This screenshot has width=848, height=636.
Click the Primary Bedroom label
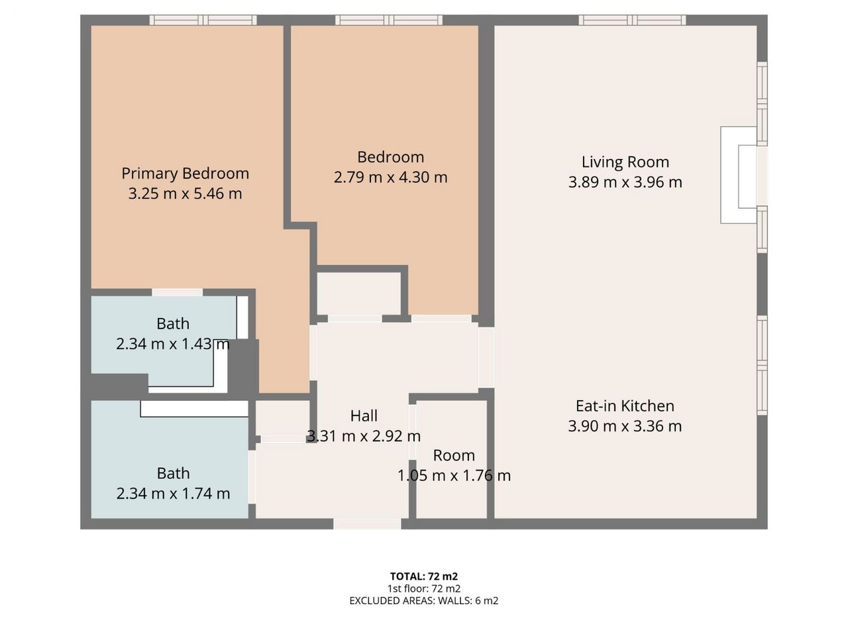[x=185, y=174]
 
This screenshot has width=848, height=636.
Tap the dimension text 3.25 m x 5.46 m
[x=185, y=193]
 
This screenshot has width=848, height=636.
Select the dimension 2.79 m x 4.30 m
[x=391, y=178]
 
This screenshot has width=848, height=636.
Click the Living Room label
[x=625, y=162]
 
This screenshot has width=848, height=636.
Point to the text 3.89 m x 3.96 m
[x=625, y=182]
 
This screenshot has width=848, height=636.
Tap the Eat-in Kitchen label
[x=625, y=406]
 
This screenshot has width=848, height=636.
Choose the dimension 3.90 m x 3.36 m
[x=625, y=426]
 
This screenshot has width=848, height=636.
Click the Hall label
[x=364, y=416]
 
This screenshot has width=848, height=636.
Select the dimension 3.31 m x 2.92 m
[x=364, y=436]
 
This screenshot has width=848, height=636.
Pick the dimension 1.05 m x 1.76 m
[x=454, y=476]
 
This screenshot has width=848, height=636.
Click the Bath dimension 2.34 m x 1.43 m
[x=173, y=344]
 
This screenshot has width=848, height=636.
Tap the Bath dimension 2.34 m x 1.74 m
[x=173, y=494]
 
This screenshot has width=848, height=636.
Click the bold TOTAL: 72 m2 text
[x=424, y=576]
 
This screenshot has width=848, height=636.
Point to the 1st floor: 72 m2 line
[x=424, y=588]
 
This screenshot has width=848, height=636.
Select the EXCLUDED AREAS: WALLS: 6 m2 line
[x=424, y=600]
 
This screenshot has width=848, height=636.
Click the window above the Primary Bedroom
[x=203, y=20]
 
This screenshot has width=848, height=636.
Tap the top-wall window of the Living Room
[x=632, y=20]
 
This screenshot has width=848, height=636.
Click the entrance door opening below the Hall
[x=367, y=524]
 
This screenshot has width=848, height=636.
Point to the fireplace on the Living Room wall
[x=739, y=175]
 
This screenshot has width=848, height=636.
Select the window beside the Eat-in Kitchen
[x=762, y=365]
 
